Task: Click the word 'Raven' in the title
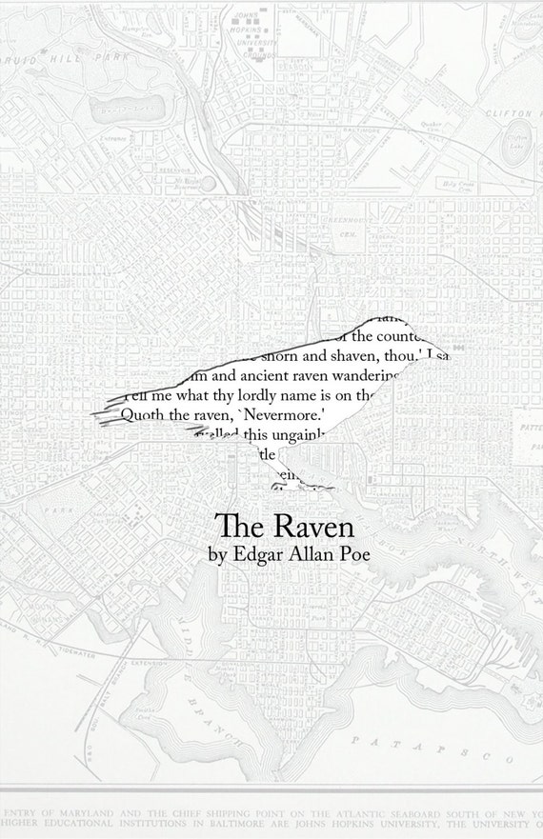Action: pyautogui.click(x=300, y=526)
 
